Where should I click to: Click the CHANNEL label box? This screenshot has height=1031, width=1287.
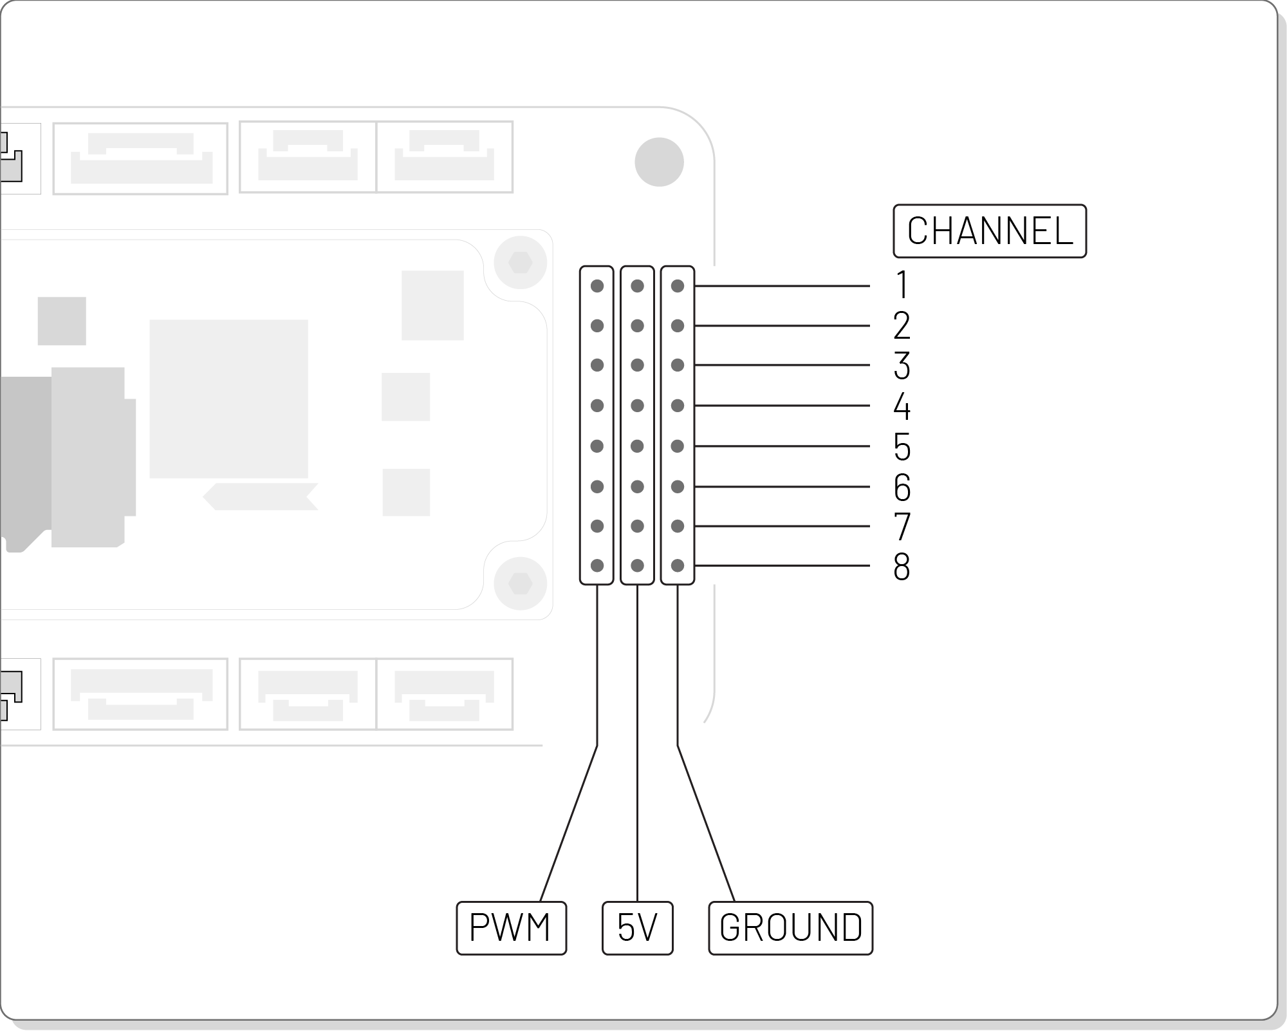click(989, 231)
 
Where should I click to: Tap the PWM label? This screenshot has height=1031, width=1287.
click(511, 928)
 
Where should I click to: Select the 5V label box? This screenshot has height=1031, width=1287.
click(637, 928)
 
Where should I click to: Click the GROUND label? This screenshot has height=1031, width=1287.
click(790, 928)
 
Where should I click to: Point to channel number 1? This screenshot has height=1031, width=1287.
click(902, 285)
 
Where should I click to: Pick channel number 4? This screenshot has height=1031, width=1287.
click(902, 406)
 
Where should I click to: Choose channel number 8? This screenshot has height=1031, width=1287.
click(902, 567)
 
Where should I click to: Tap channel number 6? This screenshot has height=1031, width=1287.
click(902, 487)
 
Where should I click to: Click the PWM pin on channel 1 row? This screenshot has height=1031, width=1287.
click(597, 286)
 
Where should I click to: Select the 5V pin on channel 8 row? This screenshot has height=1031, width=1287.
click(637, 566)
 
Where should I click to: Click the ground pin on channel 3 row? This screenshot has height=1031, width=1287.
click(677, 365)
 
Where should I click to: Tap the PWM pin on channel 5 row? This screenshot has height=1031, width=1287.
click(597, 446)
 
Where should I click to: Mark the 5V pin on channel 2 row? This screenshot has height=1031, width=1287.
click(637, 326)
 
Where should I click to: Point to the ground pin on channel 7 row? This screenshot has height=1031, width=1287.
click(677, 526)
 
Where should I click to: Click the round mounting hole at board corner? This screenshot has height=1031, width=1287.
click(659, 162)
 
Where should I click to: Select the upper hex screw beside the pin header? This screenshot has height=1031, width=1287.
click(520, 263)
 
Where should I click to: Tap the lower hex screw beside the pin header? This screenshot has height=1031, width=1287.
click(520, 583)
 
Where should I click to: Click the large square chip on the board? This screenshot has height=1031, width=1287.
click(228, 399)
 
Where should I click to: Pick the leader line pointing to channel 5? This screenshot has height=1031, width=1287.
click(782, 446)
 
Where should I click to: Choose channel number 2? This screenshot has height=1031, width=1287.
click(902, 326)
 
